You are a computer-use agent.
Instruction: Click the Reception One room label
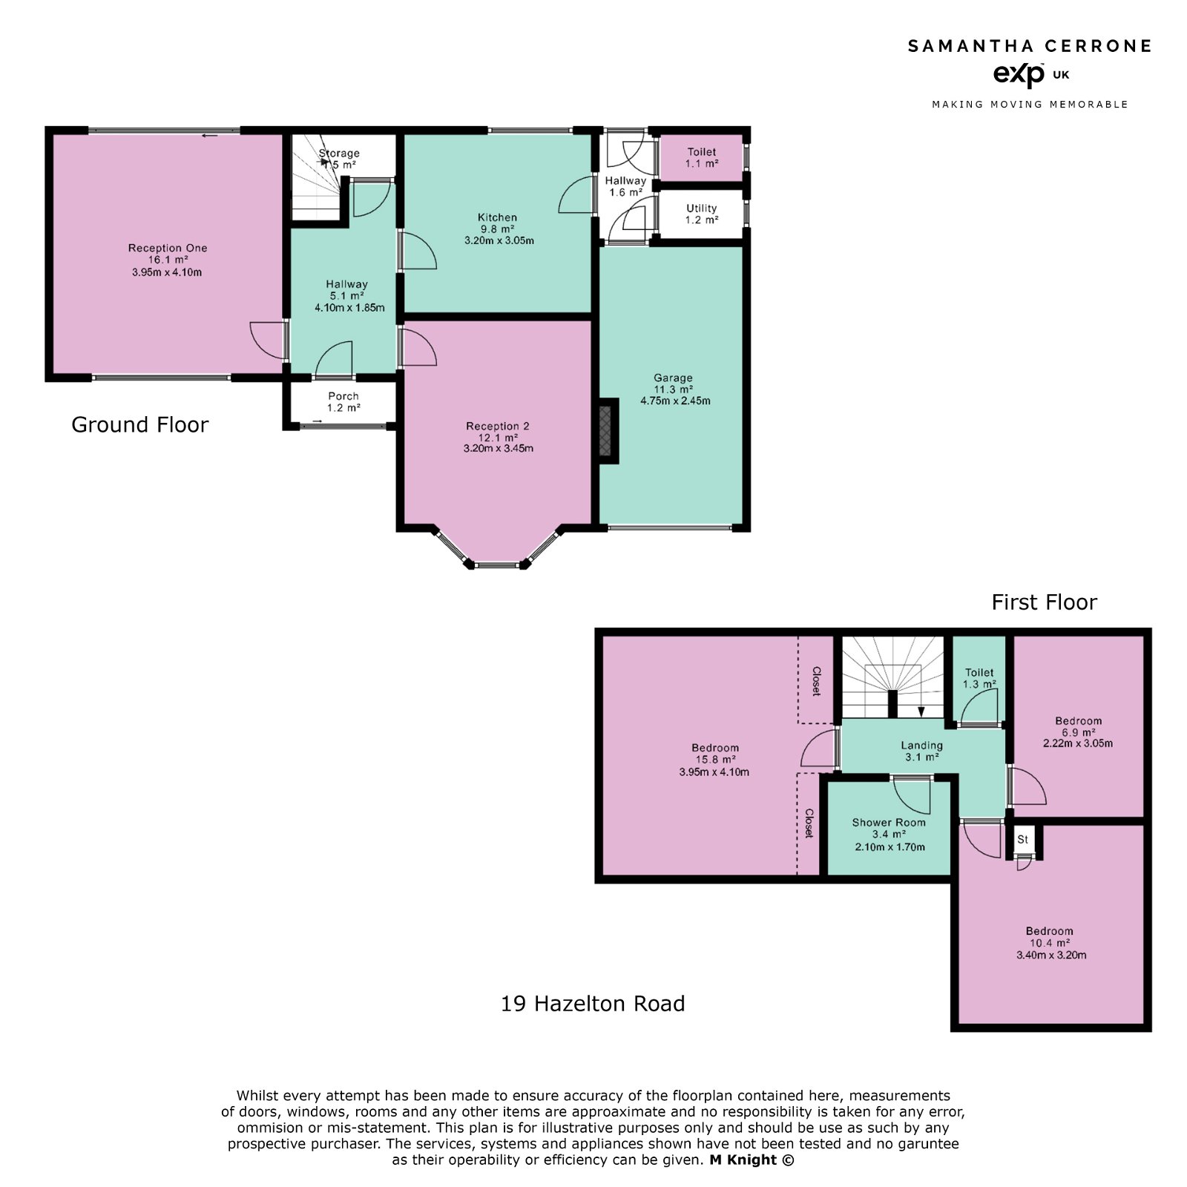point(167,248)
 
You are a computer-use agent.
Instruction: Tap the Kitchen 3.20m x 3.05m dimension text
point(499,241)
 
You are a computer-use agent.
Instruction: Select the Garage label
point(673,378)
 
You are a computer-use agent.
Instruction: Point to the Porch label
point(343,396)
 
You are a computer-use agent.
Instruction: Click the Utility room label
point(701,208)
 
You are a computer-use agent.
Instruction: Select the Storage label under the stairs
point(339,154)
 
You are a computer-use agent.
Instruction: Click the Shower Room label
point(889,822)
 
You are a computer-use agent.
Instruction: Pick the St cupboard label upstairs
point(1022,840)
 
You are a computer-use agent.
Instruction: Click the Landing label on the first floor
point(921,746)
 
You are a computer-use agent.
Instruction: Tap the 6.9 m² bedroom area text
point(1078,732)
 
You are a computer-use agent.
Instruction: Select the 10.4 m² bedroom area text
point(1049,943)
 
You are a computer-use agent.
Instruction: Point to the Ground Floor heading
point(139,424)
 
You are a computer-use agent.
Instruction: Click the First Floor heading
point(1044,602)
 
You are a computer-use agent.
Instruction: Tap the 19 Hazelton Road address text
point(593,1004)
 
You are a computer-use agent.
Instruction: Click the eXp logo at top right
point(1018,74)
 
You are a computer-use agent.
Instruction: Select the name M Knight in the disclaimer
point(743,1160)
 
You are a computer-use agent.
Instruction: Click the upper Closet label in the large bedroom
point(816,681)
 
